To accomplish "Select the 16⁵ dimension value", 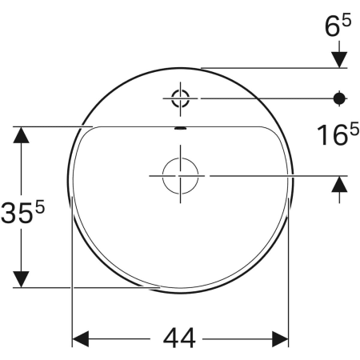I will [x=334, y=135].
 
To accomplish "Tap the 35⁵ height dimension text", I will [x=24, y=214].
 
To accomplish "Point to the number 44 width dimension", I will [x=179, y=338].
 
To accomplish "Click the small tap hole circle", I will [x=179, y=98].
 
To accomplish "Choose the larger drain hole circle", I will [x=179, y=174].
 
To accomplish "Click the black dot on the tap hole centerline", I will [x=339, y=98].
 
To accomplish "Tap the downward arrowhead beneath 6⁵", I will [x=339, y=58].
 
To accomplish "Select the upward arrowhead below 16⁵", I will [x=339, y=184].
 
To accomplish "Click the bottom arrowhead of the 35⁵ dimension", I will [x=22, y=278].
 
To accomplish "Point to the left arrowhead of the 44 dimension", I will [x=81, y=339].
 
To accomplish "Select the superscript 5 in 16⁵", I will [x=353, y=130].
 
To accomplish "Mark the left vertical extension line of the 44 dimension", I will [x=73, y=312].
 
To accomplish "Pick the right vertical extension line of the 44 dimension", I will [x=288, y=312].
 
